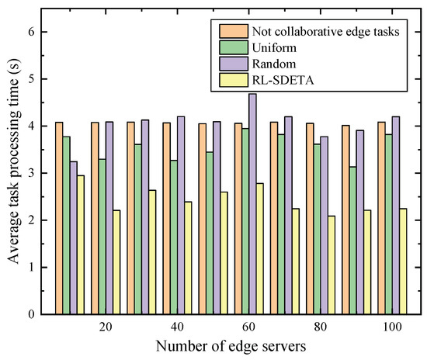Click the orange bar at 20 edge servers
(95, 218)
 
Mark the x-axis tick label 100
(391, 327)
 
